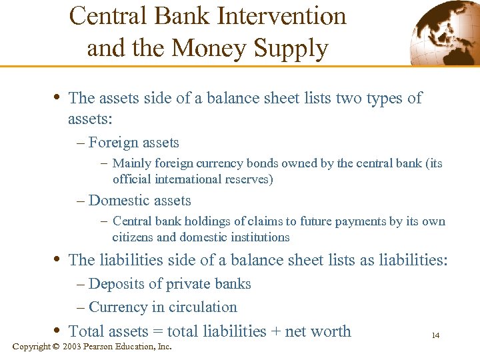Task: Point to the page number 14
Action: (435, 335)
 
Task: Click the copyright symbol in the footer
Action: (56, 347)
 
